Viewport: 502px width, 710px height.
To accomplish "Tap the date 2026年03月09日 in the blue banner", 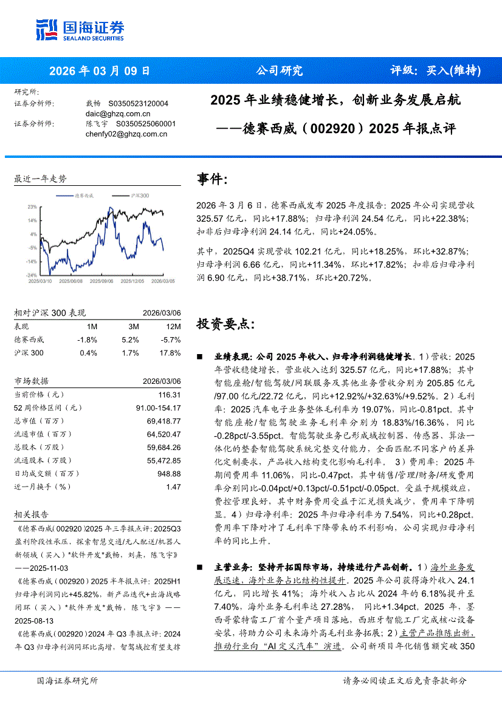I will [99, 70].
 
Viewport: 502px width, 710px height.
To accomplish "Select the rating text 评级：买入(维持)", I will [435, 70].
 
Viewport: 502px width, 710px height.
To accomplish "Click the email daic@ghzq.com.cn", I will [118, 114].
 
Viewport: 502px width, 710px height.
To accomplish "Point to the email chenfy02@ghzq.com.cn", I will [126, 134].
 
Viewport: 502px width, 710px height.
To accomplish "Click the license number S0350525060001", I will [142, 124].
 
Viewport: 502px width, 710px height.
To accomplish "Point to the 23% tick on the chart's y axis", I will [32, 207].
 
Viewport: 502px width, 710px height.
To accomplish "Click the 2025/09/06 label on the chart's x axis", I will [101, 281].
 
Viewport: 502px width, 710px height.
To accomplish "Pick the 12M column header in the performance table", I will [173, 326].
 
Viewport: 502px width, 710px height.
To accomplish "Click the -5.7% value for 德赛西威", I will [171, 340].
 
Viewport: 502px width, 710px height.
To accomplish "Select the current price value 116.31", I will [170, 394].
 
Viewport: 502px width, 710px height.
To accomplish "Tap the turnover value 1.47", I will [173, 486].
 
